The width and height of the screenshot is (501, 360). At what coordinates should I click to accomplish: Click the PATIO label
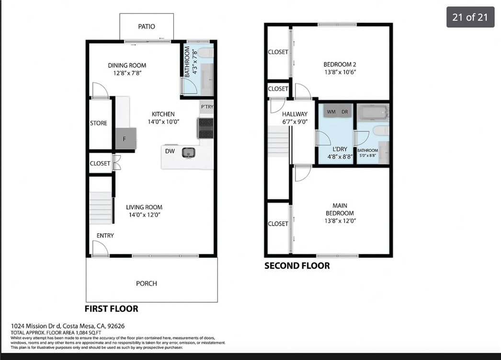147,26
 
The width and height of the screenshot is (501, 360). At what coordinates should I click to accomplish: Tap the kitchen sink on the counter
189,152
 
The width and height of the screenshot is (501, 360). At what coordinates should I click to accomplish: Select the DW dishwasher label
170,151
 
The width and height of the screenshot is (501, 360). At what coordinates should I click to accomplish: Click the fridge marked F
125,139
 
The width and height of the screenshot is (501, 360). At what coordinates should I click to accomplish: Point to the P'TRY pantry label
207,106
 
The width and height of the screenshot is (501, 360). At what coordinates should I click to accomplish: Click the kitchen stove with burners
205,128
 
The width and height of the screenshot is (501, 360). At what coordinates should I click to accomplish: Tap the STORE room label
99,123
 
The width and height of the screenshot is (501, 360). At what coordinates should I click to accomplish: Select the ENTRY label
105,235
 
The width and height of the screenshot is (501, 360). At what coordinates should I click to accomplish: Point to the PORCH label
147,283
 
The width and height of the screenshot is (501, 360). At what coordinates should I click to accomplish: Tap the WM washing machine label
331,112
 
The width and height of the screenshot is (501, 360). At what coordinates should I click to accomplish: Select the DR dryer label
344,112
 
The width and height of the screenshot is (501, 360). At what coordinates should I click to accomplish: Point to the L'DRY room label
340,149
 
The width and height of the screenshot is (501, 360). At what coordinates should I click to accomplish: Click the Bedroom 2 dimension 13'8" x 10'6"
340,72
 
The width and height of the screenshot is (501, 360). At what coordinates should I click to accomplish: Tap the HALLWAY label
295,114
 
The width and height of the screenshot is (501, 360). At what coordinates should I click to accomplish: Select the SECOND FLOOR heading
297,266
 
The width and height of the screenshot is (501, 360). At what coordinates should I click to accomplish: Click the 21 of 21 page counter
470,17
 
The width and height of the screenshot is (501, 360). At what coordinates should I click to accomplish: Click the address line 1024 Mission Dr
68,326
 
